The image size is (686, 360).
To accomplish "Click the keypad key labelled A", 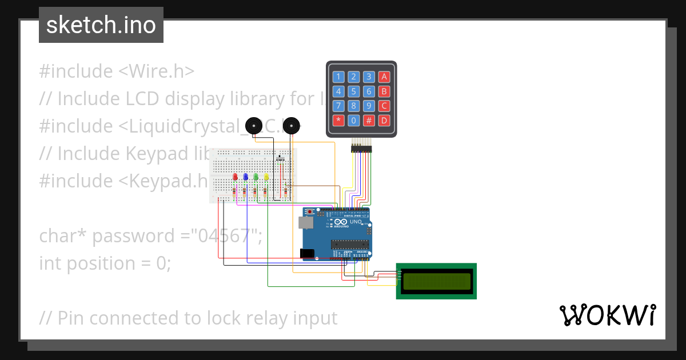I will click(384, 77).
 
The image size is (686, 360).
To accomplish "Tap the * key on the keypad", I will click(339, 121).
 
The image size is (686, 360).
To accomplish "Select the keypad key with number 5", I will click(354, 91).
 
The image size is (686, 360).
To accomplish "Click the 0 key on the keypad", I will click(354, 121).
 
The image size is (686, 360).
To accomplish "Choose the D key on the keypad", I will click(384, 121).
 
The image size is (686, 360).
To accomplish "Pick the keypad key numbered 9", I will click(369, 106).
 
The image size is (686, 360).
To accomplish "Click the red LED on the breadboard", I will click(236, 177).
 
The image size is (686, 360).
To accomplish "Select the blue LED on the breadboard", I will click(246, 177).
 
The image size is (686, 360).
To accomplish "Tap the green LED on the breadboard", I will click(256, 177).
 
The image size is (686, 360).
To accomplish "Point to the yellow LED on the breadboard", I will click(266, 177).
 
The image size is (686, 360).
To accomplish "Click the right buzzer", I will click(292, 125).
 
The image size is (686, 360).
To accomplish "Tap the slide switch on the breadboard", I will click(280, 158).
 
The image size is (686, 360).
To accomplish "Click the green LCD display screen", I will click(436, 281).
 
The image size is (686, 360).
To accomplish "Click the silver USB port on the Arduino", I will click(308, 223).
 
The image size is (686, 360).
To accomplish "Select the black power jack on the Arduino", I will click(307, 253).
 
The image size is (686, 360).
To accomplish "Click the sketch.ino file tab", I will click(101, 25).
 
